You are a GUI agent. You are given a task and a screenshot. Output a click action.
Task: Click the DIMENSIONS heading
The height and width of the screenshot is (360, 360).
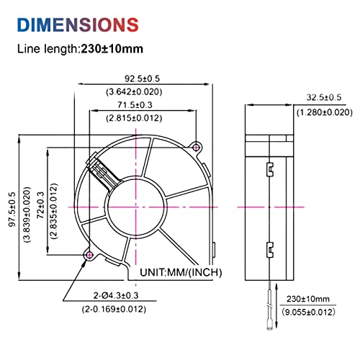click(78, 24)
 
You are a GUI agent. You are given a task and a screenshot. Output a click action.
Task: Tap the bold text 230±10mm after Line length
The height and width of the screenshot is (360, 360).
click(112, 49)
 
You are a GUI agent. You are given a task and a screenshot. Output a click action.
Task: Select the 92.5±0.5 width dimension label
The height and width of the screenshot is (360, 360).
click(142, 78)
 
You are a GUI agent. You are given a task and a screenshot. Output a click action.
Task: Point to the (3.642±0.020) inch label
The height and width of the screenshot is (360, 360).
click(134, 91)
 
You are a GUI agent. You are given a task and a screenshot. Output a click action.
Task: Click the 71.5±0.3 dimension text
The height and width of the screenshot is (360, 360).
click(135, 105)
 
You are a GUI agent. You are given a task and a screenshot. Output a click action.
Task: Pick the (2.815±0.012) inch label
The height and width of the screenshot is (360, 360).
click(134, 118)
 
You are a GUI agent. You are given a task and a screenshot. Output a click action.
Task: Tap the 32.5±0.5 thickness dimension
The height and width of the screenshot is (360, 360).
click(324, 97)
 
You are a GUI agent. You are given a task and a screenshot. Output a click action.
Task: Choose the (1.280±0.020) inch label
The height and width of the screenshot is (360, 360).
click(325, 112)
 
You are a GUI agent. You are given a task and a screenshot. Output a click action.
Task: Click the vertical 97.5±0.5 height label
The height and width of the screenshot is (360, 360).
click(12, 210)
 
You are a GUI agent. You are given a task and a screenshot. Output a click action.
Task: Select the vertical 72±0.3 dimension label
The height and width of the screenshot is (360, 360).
click(41, 205)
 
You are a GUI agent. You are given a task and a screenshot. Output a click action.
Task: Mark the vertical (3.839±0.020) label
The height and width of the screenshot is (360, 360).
click(27, 215)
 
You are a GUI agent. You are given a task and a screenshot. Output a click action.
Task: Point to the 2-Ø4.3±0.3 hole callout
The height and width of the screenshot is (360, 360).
click(116, 295)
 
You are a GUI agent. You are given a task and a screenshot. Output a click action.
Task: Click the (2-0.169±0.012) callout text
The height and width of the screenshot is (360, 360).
click(114, 309)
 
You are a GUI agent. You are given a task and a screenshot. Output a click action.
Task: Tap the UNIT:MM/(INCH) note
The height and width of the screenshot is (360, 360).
click(181, 272)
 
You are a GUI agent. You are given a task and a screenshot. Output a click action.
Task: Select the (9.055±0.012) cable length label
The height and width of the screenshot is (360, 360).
click(308, 312)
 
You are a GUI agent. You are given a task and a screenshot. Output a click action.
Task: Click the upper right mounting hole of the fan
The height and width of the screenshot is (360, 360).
click(197, 148)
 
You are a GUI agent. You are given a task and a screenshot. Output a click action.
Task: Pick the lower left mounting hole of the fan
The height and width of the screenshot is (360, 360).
click(89, 255)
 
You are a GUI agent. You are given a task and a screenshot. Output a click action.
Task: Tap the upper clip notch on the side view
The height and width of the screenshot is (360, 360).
click(270, 169)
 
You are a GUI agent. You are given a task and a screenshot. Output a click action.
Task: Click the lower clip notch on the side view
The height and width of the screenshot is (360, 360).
click(270, 250)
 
